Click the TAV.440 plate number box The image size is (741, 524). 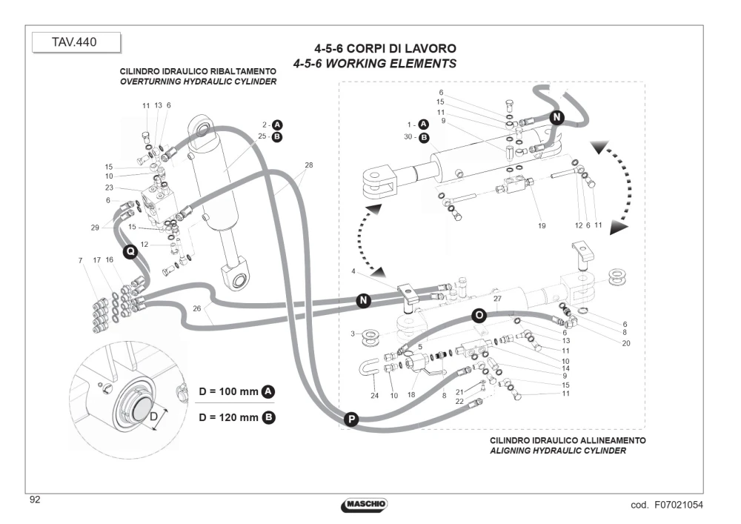tap(76, 42)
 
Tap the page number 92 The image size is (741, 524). tap(35, 500)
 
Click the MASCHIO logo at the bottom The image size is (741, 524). tap(364, 504)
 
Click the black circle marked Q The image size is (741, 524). tap(130, 251)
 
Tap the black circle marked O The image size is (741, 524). tap(479, 315)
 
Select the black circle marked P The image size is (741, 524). tap(350, 419)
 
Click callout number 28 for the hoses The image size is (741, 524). tap(308, 165)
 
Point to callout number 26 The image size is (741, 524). tap(197, 308)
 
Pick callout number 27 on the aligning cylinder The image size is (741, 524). tap(497, 299)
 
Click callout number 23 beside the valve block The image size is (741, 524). tap(109, 188)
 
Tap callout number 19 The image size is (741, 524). tap(542, 226)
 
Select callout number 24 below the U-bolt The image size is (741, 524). tap(374, 396)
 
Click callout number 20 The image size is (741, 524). tap(626, 343)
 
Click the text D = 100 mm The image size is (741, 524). tap(228, 391)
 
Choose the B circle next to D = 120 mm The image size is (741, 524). tap(268, 417)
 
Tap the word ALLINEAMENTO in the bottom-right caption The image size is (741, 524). tap(614, 440)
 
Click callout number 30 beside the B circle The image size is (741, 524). tap(408, 137)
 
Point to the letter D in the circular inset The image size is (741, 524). tap(153, 417)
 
